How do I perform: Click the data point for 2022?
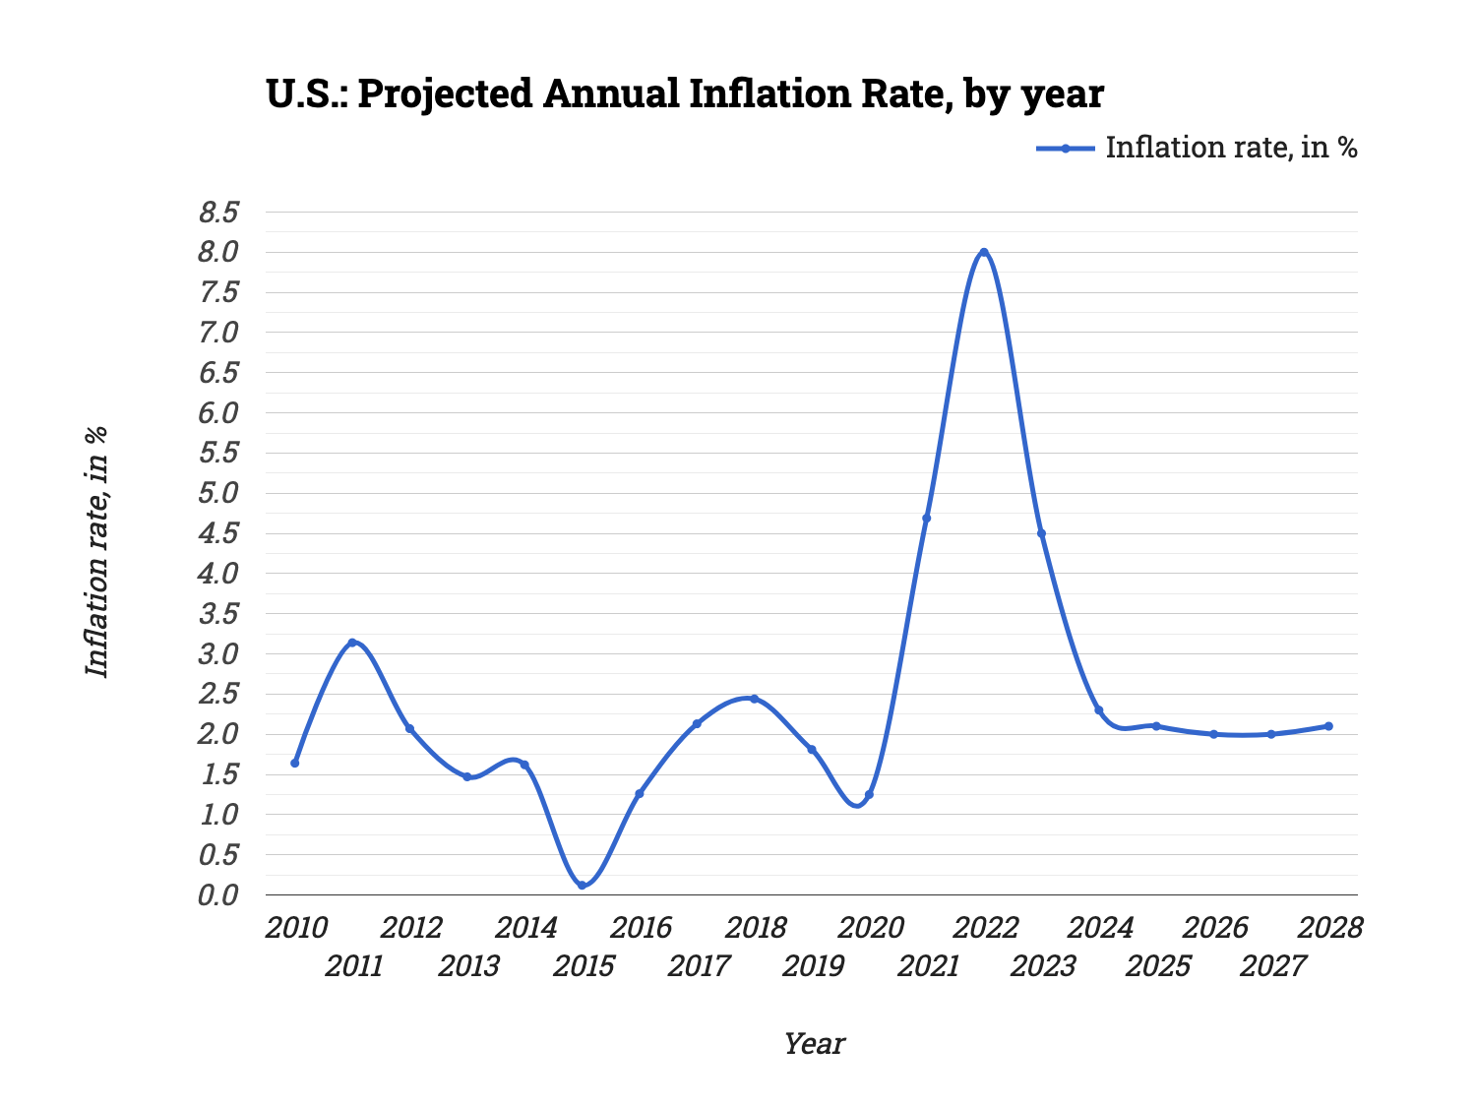pyautogui.click(x=983, y=253)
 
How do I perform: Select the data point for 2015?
pyautogui.click(x=582, y=886)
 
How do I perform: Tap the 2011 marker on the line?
pyautogui.click(x=352, y=643)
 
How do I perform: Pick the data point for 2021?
pyautogui.click(x=926, y=519)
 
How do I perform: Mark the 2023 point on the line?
pyautogui.click(x=1041, y=533)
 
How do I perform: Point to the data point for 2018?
pyautogui.click(x=754, y=699)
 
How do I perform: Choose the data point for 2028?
pyautogui.click(x=1328, y=726)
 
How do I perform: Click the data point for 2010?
pyautogui.click(x=294, y=763)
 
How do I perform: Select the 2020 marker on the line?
pyautogui.click(x=869, y=795)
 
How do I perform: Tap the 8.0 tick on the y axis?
pyautogui.click(x=218, y=253)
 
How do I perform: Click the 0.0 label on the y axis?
pyautogui.click(x=218, y=895)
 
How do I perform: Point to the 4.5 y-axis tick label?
pyautogui.click(x=218, y=534)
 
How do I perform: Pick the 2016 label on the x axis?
pyautogui.click(x=641, y=928)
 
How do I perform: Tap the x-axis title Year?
pyautogui.click(x=813, y=1044)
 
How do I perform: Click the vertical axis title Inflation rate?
pyautogui.click(x=96, y=551)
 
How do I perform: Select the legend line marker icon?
pyautogui.click(x=1065, y=149)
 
